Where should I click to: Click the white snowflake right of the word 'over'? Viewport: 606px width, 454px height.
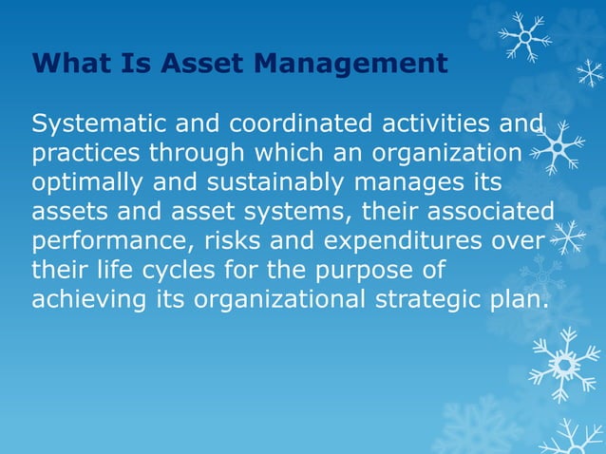coord(568,236)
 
